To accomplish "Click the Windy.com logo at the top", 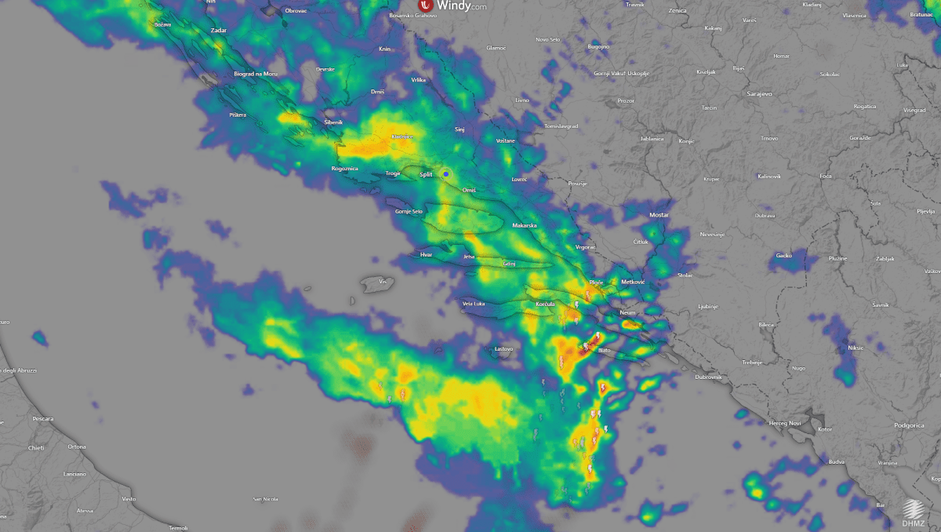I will (x=452, y=6).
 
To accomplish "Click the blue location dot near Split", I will (x=446, y=173).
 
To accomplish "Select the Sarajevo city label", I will (x=759, y=93).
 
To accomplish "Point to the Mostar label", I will (x=659, y=215).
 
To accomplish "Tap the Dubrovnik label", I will (x=708, y=377).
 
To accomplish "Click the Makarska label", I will (x=524, y=226).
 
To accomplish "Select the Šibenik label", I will (x=333, y=122).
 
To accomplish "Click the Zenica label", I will (x=678, y=11).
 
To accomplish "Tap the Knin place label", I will (x=384, y=49).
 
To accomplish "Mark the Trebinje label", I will (x=752, y=363).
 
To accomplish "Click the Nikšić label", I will (x=855, y=348).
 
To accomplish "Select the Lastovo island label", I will (x=504, y=348).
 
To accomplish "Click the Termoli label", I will (x=179, y=527).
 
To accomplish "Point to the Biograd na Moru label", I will (x=256, y=73).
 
